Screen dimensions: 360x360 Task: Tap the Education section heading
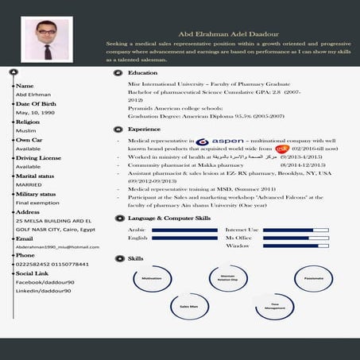(143, 72)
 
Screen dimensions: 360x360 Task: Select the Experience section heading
(145, 129)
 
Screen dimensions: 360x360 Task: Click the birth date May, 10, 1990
(33, 112)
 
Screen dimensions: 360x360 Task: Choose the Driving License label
(39, 158)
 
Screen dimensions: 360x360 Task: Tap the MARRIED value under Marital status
(29, 185)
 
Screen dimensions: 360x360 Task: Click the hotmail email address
(52, 246)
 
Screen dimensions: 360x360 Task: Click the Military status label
(37, 194)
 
